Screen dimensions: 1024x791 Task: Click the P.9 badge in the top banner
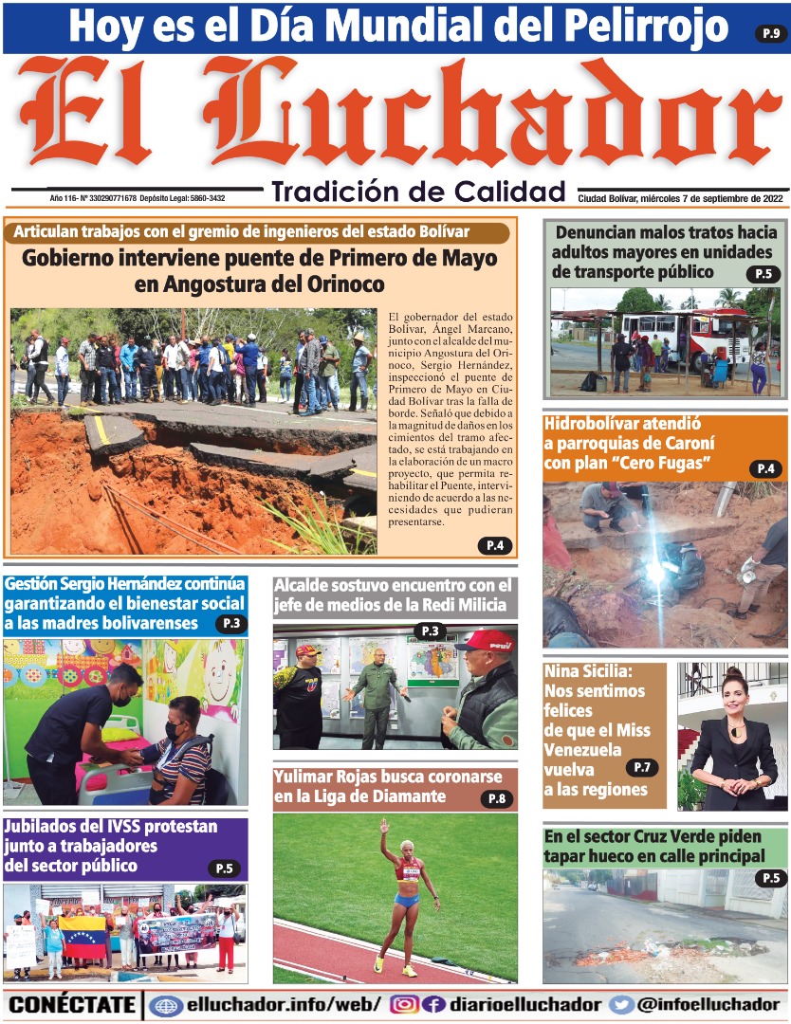(770, 34)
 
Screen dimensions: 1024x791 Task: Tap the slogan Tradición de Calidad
(418, 192)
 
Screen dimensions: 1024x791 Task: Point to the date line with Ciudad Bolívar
(680, 199)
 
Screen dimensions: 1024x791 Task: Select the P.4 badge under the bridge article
(494, 545)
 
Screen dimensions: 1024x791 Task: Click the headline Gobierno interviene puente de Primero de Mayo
(259, 270)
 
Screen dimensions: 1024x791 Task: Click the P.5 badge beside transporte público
(762, 275)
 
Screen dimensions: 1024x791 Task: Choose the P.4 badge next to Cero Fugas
(765, 468)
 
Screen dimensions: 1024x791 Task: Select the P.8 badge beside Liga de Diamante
(496, 798)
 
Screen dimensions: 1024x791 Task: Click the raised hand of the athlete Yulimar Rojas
(384, 826)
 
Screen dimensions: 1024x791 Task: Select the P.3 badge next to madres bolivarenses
(231, 624)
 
